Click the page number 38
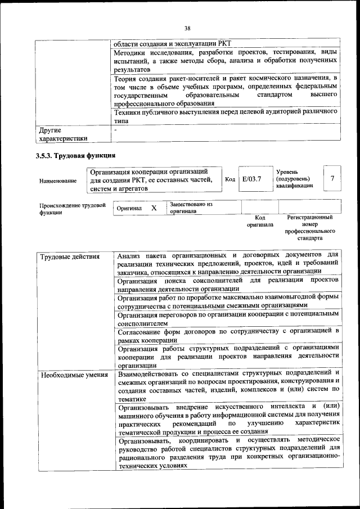coord(187,28)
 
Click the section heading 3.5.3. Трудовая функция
coord(76,156)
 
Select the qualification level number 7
coord(332,178)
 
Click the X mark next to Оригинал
coord(154,208)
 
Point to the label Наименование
coord(58,181)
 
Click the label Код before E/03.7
coord(229,179)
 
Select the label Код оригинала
coord(260,220)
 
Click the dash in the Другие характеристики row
coord(115,130)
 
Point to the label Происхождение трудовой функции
coord(73,209)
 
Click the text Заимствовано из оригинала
coord(191,208)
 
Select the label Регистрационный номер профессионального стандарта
coord(309,228)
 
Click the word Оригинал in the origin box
coord(129,208)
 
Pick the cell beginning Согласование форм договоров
coord(228,335)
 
